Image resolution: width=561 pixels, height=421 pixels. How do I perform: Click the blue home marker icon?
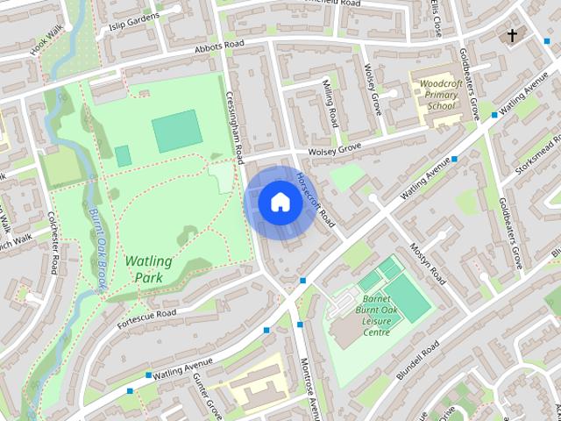tap(280, 202)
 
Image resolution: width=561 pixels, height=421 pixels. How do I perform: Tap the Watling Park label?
tap(149, 269)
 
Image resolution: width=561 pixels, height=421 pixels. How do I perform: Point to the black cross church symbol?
tap(513, 35)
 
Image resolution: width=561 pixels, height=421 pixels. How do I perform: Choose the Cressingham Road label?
tap(235, 127)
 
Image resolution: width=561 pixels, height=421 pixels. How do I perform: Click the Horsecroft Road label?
tap(316, 199)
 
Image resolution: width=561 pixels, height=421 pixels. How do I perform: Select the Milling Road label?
tap(330, 105)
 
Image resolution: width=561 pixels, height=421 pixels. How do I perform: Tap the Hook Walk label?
tap(47, 39)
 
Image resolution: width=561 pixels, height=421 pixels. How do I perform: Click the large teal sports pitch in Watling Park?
tap(176, 131)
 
